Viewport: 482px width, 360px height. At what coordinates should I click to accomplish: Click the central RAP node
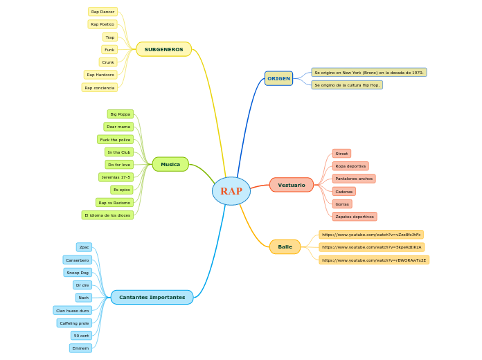coord(231,191)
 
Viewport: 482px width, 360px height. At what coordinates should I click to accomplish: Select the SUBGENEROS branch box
coord(163,49)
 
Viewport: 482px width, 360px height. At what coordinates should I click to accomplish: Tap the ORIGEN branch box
coord(278,78)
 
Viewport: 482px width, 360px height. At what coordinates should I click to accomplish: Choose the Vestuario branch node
coord(291,185)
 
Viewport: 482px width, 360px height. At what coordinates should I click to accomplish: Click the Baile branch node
coord(285,246)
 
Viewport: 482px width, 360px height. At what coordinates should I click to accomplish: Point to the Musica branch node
coord(170,164)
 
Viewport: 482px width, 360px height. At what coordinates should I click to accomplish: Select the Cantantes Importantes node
coord(152,297)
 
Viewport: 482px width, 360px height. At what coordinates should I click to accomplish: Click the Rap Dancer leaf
coord(102,12)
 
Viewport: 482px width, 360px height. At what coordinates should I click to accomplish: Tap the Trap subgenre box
coord(109,37)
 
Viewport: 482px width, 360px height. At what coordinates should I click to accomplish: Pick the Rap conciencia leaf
coord(99,88)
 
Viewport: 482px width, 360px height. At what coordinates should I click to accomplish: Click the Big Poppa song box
coord(120,114)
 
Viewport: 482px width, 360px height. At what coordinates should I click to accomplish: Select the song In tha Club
coord(118,152)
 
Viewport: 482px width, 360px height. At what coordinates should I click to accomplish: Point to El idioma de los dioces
coord(107,215)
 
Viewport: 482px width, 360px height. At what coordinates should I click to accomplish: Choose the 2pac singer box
coord(84,247)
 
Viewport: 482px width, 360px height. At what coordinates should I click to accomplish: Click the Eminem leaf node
coord(80,348)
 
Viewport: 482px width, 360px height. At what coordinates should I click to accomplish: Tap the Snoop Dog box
coord(78,273)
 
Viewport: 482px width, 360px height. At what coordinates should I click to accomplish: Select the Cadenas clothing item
coord(343,192)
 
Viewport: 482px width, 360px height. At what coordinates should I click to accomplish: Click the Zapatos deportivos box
coord(354,217)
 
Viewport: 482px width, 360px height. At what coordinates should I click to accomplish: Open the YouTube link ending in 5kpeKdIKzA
coord(371,247)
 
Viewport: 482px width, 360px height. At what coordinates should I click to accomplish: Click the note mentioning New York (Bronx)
coord(368,72)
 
